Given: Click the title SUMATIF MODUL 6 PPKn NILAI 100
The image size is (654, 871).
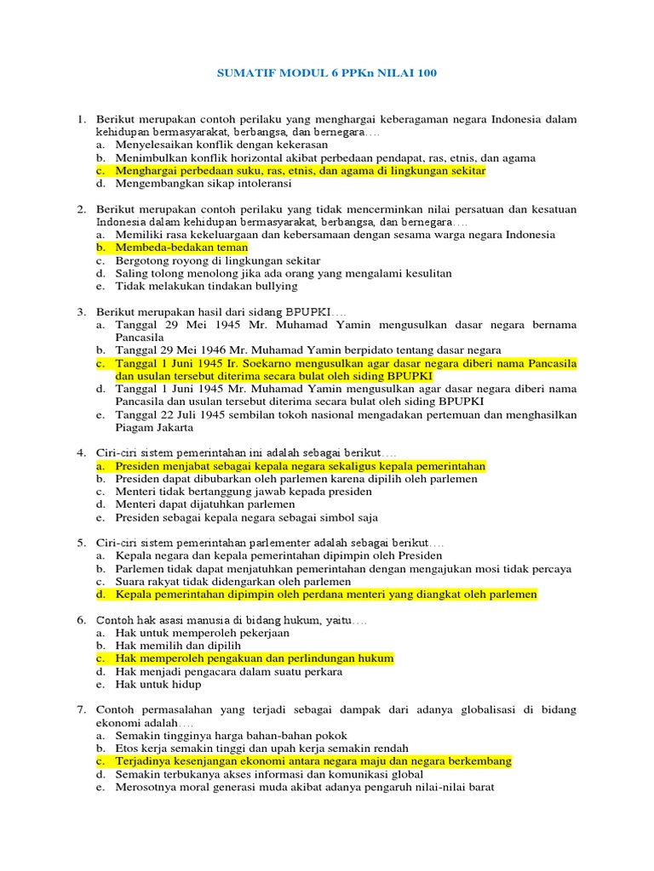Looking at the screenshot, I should (x=326, y=74).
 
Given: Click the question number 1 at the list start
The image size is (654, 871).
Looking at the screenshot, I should (x=81, y=118).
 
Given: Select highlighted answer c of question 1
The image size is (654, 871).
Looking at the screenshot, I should (x=300, y=170).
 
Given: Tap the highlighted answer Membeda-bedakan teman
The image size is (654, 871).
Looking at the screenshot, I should (x=181, y=248).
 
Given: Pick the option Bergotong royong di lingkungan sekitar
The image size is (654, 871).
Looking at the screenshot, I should (x=218, y=260).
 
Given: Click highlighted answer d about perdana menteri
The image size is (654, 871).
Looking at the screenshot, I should (x=326, y=595).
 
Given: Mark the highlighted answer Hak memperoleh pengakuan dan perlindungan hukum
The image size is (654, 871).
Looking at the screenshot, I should (x=255, y=658).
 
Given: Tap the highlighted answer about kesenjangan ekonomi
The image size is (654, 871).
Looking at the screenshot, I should (x=313, y=761).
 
